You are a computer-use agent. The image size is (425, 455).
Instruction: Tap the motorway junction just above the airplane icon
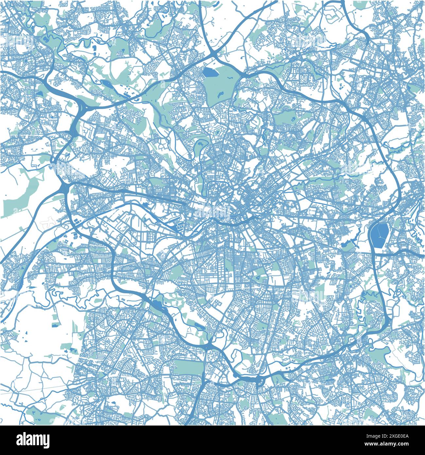tap(64, 187)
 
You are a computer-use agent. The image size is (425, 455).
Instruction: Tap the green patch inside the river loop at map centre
tap(200, 144)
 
